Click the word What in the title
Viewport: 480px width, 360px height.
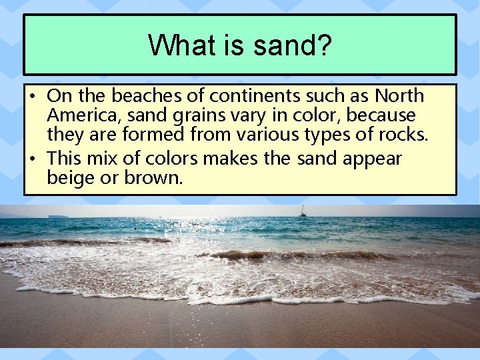tap(175, 45)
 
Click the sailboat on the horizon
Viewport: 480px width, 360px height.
tap(303, 212)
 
